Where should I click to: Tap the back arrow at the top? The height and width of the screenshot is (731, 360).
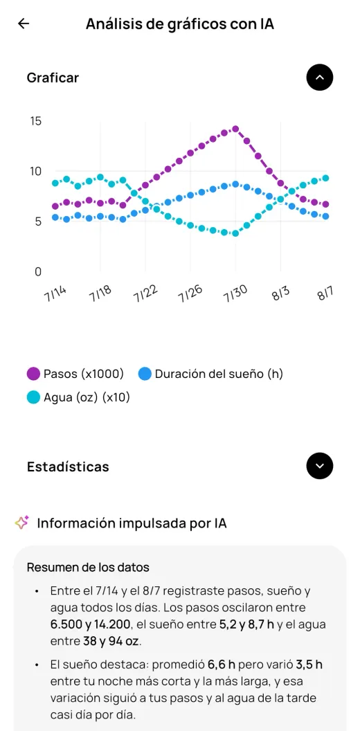(x=24, y=24)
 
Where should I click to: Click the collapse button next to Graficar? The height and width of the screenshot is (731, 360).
(x=319, y=78)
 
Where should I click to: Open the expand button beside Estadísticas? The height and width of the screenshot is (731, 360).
(x=319, y=466)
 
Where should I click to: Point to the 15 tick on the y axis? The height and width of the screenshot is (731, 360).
(x=36, y=121)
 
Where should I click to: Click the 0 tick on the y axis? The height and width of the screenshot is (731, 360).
(x=38, y=272)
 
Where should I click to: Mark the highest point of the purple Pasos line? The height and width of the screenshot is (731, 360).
(x=235, y=129)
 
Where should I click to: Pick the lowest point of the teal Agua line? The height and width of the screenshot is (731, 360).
(x=235, y=233)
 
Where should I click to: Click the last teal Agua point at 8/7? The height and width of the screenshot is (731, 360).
(x=325, y=178)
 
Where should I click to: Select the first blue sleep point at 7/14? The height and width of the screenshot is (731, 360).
(x=55, y=217)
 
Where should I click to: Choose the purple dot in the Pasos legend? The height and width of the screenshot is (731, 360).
(x=33, y=374)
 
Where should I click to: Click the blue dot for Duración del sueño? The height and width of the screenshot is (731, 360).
(x=145, y=374)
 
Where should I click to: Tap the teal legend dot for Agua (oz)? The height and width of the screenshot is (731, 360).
(x=33, y=397)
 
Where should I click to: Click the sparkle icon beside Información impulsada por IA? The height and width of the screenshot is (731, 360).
(x=22, y=523)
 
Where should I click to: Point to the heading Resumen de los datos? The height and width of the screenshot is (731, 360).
(x=88, y=568)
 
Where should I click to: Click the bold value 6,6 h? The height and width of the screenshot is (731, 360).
(x=222, y=665)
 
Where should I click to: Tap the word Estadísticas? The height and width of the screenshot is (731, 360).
(x=68, y=467)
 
